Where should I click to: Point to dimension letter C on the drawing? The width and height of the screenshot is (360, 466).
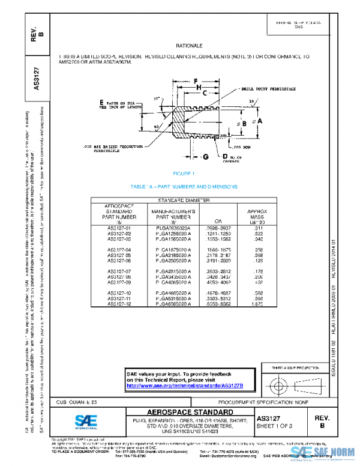[205, 94]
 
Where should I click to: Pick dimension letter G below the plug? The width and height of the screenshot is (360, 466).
[205, 157]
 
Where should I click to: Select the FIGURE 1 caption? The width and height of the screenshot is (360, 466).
[184, 174]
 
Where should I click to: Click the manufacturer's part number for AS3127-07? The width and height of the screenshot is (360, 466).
[174, 271]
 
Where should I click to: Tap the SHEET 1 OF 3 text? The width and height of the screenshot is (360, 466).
[274, 425]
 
